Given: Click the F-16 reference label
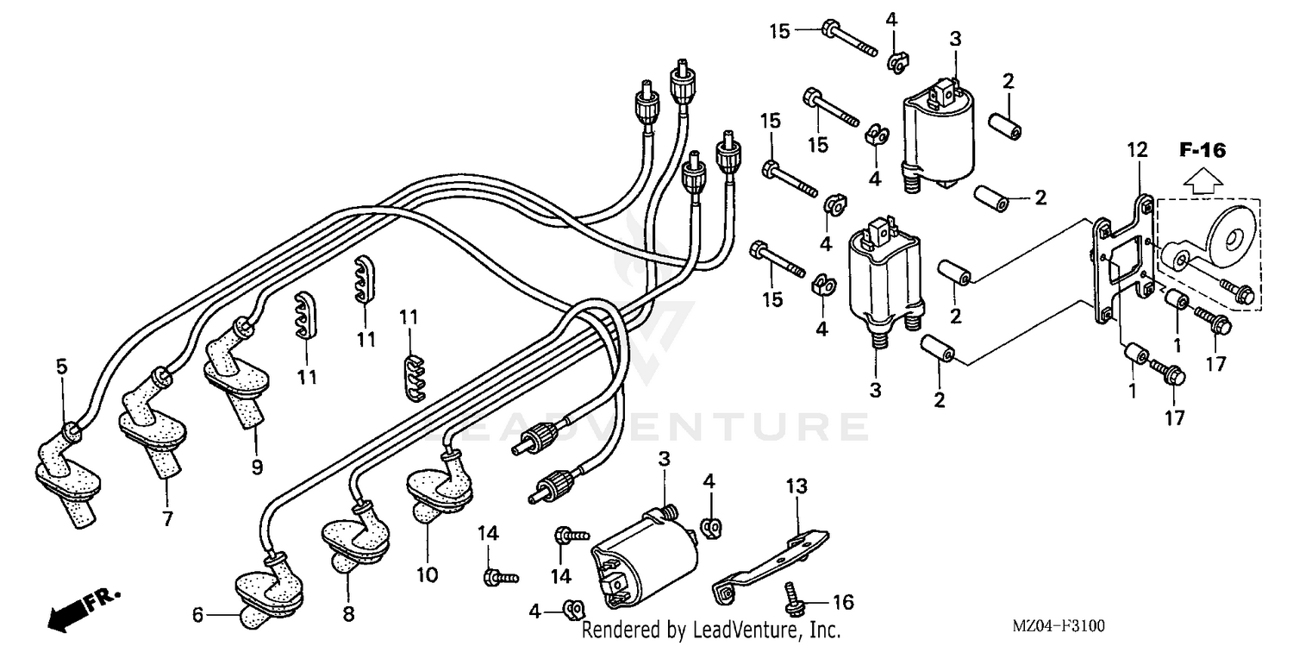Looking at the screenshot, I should coord(1202,151).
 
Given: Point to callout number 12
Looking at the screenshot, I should coord(1137,150).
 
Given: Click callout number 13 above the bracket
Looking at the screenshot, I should coord(796,486).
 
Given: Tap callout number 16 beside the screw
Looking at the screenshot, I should coord(844,600).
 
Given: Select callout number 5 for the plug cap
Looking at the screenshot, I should coord(61,367).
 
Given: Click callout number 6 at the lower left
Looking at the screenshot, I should coord(197,615).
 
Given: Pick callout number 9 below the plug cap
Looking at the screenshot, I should coord(257,467).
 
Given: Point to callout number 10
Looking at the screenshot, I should coord(428,574).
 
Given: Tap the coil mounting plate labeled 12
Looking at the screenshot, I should coord(1122,260).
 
